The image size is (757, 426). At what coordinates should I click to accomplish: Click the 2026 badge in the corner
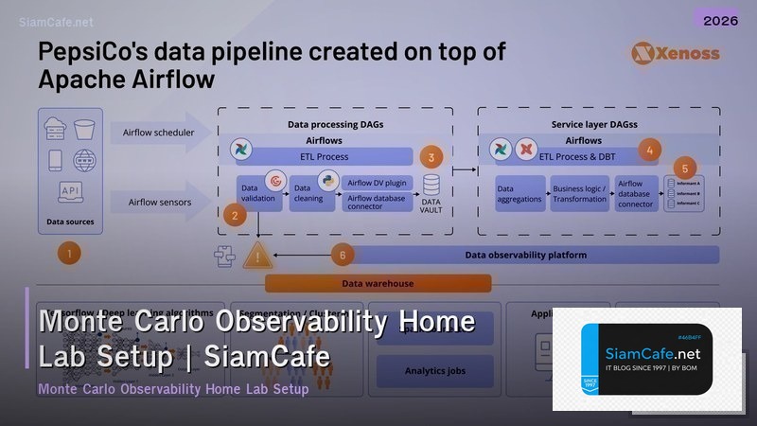click(x=716, y=19)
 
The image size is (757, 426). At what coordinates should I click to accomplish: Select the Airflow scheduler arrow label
click(x=158, y=133)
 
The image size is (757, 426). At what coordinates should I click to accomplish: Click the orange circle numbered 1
click(x=69, y=253)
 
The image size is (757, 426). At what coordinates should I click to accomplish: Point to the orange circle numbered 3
click(x=432, y=157)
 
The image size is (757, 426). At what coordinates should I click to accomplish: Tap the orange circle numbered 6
click(x=343, y=254)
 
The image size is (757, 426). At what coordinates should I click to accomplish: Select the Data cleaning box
click(x=309, y=191)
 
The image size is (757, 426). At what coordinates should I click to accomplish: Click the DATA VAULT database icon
click(x=431, y=189)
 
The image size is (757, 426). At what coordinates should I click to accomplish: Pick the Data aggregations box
click(x=519, y=193)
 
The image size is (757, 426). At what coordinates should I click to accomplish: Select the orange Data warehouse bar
click(x=378, y=283)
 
